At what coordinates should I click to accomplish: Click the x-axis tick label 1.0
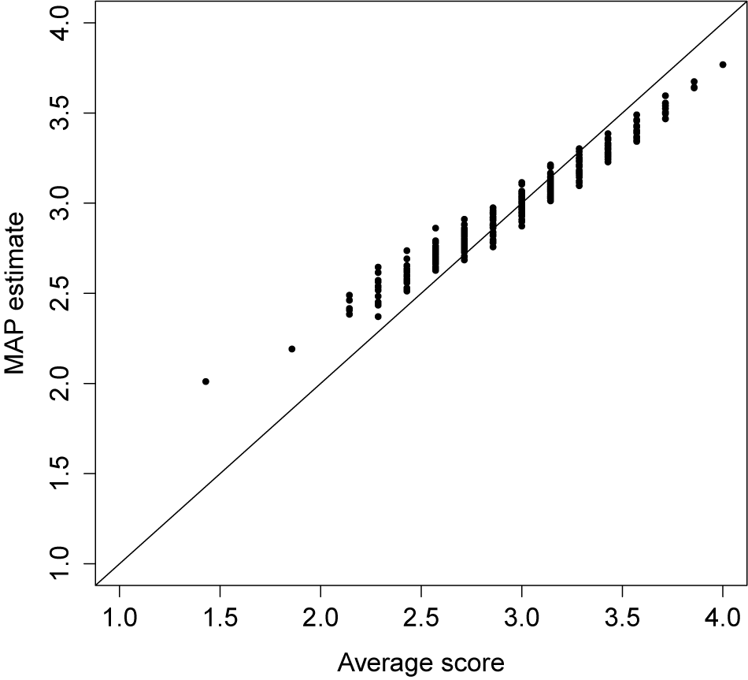click(119, 615)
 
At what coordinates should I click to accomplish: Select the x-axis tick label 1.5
click(220, 615)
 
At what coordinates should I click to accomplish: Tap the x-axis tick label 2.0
click(320, 615)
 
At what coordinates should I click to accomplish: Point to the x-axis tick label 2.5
click(421, 615)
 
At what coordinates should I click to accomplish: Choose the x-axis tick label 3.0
click(522, 615)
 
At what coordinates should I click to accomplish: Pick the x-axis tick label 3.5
click(623, 615)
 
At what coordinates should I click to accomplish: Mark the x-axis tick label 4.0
click(723, 615)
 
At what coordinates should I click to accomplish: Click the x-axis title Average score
click(420, 663)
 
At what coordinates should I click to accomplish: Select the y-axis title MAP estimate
click(17, 293)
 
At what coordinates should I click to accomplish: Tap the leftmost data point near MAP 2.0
click(206, 381)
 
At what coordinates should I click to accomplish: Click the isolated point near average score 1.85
click(292, 349)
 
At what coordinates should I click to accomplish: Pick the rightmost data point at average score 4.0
click(723, 65)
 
